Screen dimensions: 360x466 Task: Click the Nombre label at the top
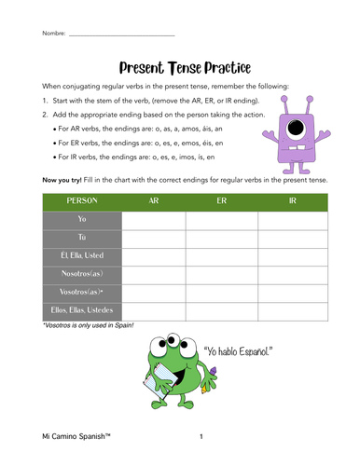pyautogui.click(x=53, y=34)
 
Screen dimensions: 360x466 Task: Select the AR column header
pyautogui.click(x=153, y=200)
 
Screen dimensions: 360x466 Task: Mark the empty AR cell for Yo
pyautogui.click(x=153, y=219)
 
